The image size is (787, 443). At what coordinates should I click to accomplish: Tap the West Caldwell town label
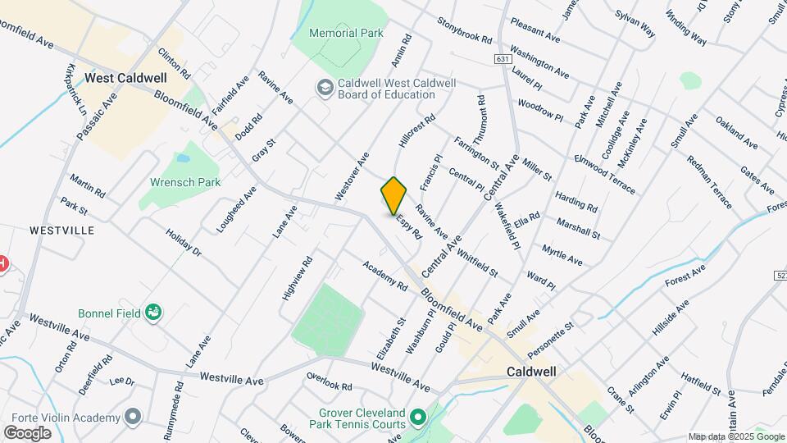pyautogui.click(x=125, y=78)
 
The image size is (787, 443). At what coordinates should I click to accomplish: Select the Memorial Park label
pyautogui.click(x=347, y=34)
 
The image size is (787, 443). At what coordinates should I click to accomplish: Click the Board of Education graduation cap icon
pyautogui.click(x=325, y=86)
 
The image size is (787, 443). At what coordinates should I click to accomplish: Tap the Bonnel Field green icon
pyautogui.click(x=152, y=312)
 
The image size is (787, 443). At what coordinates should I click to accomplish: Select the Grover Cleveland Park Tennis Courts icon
pyautogui.click(x=417, y=418)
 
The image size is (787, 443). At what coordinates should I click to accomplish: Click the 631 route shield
pyautogui.click(x=503, y=59)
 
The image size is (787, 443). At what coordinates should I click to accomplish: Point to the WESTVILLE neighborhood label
pyautogui.click(x=61, y=231)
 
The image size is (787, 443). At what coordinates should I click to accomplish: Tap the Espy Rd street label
pyautogui.click(x=408, y=226)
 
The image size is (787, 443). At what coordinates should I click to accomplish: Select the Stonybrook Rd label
pyautogui.click(x=464, y=30)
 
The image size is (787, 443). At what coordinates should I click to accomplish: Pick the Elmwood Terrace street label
pyautogui.click(x=604, y=174)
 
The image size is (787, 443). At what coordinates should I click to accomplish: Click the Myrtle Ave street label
pyautogui.click(x=563, y=254)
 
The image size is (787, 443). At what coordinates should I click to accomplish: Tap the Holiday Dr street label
pyautogui.click(x=183, y=242)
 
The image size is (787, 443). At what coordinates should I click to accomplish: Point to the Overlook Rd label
pyautogui.click(x=329, y=381)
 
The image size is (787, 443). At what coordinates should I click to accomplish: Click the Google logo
pyautogui.click(x=27, y=432)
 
